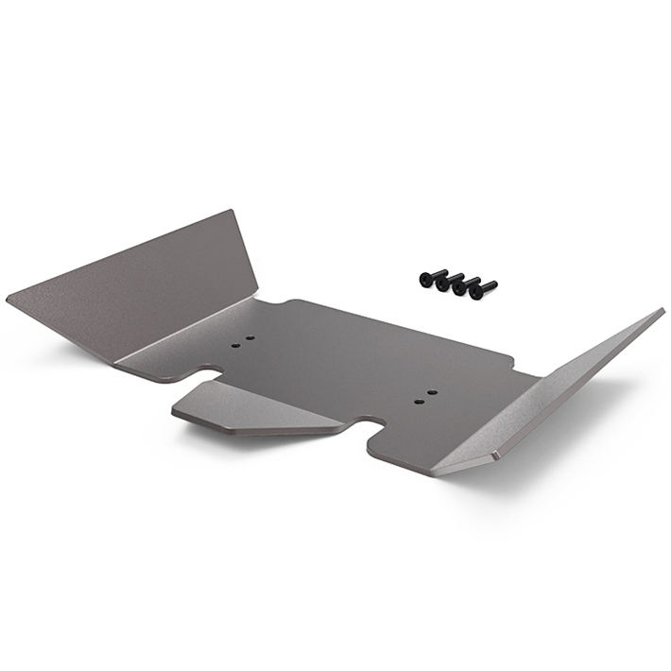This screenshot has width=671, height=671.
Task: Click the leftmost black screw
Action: point(429,278)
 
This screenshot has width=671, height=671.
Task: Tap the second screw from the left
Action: point(444,282)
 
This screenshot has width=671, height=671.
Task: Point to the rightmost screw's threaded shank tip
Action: point(492,284)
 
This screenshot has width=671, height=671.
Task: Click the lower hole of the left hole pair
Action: point(235,346)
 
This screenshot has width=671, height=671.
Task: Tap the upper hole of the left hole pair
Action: point(250,337)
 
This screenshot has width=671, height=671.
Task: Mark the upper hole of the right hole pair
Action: point(432,392)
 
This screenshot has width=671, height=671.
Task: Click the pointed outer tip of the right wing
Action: point(661,311)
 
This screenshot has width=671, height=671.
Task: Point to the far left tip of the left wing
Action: point(9,300)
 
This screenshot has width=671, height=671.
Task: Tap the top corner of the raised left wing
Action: point(231,212)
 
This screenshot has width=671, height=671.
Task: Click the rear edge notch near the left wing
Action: point(269,304)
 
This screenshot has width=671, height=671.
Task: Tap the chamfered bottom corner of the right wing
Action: point(494,456)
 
